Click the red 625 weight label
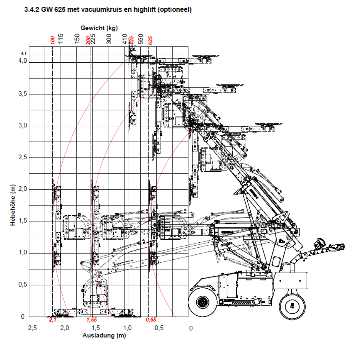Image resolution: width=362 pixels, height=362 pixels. [150, 40]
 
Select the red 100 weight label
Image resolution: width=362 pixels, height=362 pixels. [52, 40]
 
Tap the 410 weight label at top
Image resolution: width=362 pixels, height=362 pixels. [125, 40]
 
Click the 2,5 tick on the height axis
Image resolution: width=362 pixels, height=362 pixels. [22, 158]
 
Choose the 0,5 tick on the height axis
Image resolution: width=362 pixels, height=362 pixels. [22, 285]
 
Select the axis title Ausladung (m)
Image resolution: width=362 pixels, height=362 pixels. [104, 336]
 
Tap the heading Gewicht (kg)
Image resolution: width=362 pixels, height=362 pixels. [99, 28]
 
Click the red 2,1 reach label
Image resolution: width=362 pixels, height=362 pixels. [53, 320]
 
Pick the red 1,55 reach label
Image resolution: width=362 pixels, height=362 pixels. [92, 320]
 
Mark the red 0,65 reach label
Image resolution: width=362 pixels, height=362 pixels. [151, 320]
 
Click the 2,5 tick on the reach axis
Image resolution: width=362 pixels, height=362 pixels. [32, 328]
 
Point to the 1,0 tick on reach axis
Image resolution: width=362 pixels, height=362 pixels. [128, 328]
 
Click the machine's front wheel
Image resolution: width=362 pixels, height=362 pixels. [201, 303]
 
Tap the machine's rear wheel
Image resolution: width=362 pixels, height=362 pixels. [293, 305]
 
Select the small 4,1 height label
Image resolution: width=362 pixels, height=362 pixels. [23, 53]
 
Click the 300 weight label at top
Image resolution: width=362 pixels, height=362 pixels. [109, 40]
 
